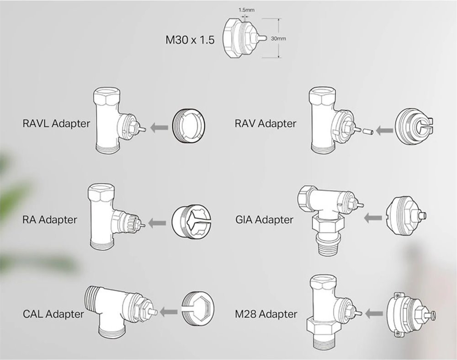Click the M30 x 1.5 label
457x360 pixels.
coord(190,40)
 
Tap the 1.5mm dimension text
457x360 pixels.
coord(247,10)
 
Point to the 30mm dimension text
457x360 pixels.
coord(278,38)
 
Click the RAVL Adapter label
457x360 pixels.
coord(56,124)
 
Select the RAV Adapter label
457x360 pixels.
coord(266,124)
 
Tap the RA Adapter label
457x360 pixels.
coord(50,220)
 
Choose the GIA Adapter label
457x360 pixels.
coord(264,220)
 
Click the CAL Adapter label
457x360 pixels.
coord(53,314)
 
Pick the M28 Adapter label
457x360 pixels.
coord(266,314)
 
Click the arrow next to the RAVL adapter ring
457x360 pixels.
coord(159,128)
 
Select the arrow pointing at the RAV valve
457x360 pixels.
coord(384,130)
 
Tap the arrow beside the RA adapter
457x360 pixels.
coord(157,223)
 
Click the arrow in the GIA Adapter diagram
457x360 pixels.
coord(373,218)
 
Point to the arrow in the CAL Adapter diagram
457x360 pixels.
coord(169,312)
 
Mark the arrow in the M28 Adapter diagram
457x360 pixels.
coord(374,314)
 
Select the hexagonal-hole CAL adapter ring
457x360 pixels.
coord(198,309)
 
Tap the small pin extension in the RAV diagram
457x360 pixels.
coord(368,131)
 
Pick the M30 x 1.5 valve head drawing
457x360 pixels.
coord(244,38)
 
